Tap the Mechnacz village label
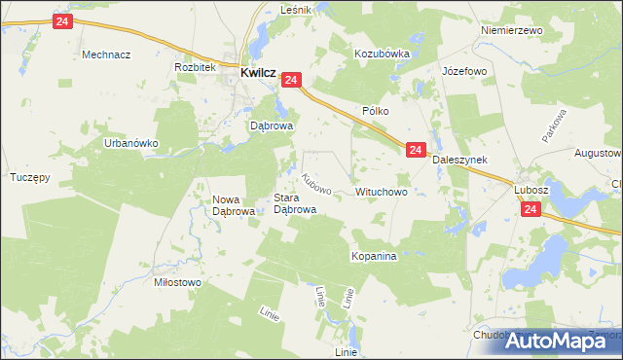(106, 54)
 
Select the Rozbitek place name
(194, 67)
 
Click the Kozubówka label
(383, 54)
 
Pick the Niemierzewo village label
(511, 30)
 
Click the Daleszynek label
(459, 159)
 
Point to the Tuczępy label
(29, 178)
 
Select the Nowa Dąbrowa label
(234, 204)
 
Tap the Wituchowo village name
(388, 193)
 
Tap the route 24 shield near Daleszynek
(416, 150)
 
